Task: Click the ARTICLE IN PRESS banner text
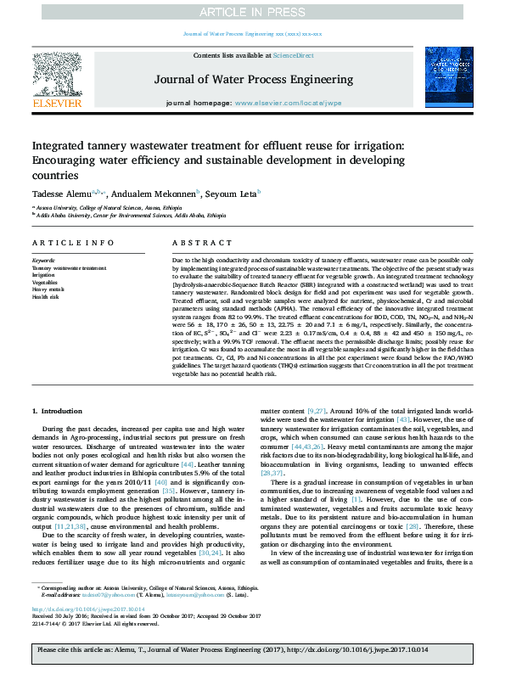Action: [252, 12]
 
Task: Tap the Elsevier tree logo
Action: [56, 74]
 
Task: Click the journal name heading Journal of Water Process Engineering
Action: [252, 79]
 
